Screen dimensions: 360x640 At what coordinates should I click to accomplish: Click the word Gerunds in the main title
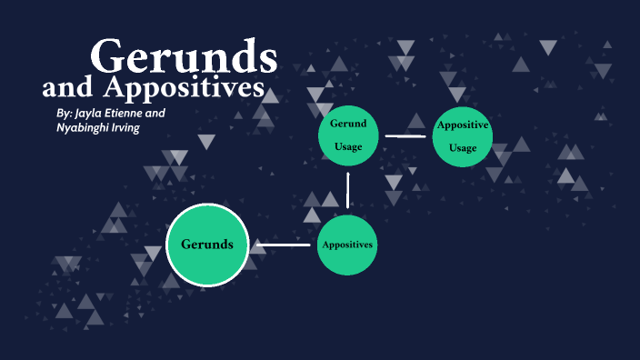(x=185, y=56)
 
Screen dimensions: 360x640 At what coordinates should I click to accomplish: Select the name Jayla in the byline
(x=90, y=113)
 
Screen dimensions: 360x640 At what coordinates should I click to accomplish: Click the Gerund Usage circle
(x=347, y=135)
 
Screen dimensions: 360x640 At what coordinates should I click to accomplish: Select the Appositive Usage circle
(x=462, y=136)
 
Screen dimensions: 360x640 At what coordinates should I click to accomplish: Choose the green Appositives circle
(x=347, y=245)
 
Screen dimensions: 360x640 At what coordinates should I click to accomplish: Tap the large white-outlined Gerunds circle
(x=207, y=245)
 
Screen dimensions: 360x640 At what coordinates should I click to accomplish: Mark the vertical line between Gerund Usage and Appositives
(x=347, y=190)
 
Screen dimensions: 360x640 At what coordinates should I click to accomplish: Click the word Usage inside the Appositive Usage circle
(x=462, y=148)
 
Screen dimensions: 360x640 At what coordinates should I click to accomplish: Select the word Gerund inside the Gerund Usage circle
(x=347, y=123)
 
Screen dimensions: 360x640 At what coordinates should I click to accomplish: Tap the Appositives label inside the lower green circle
(x=347, y=245)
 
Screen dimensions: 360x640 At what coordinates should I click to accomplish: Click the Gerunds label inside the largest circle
(x=207, y=245)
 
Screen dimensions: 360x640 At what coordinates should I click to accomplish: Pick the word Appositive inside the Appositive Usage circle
(x=463, y=125)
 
